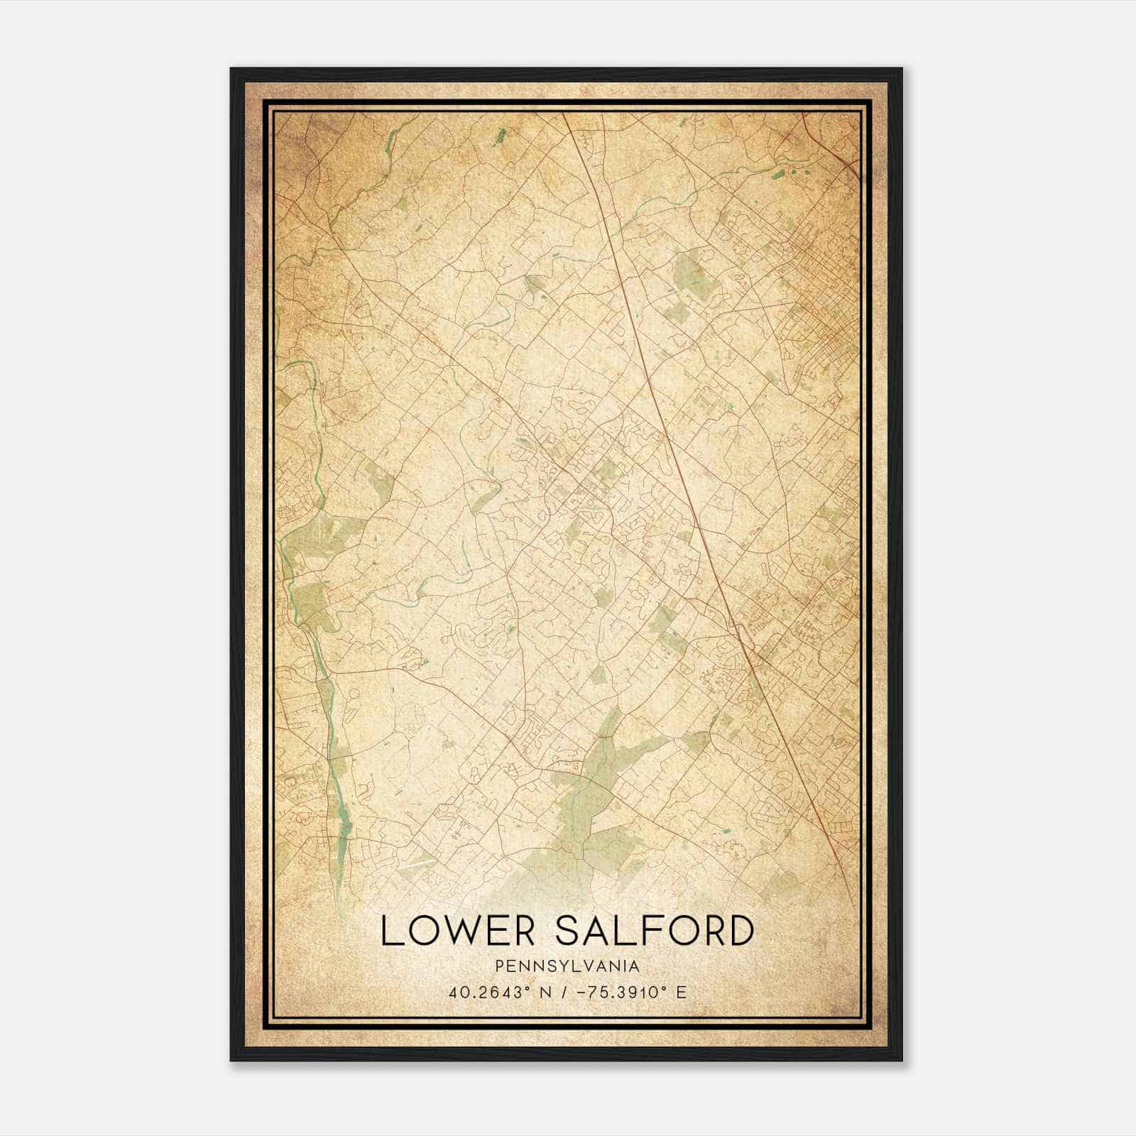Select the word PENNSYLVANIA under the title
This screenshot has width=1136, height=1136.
click(567, 966)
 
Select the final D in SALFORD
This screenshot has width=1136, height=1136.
click(740, 931)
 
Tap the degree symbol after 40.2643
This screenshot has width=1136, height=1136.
click(528, 988)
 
